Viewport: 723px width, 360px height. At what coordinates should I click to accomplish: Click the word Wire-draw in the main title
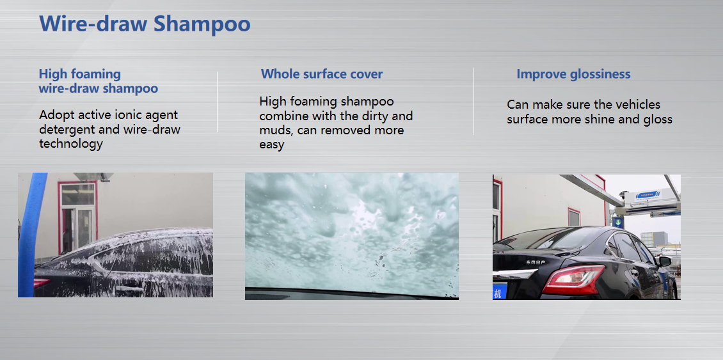(x=93, y=24)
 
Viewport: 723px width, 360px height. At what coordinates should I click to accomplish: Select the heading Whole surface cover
(x=321, y=74)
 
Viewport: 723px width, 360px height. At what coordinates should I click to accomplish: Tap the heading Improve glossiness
(x=573, y=74)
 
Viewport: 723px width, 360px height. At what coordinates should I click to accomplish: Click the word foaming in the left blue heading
(x=96, y=74)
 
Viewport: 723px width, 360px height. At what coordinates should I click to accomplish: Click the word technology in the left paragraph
(x=70, y=144)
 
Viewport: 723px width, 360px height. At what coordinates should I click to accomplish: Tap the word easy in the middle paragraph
(x=271, y=145)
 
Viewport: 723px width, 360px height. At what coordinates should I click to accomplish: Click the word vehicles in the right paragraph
(x=637, y=104)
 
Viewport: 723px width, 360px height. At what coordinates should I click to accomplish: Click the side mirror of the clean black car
(x=663, y=261)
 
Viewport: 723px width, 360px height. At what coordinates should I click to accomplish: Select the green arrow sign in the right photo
(x=617, y=223)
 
